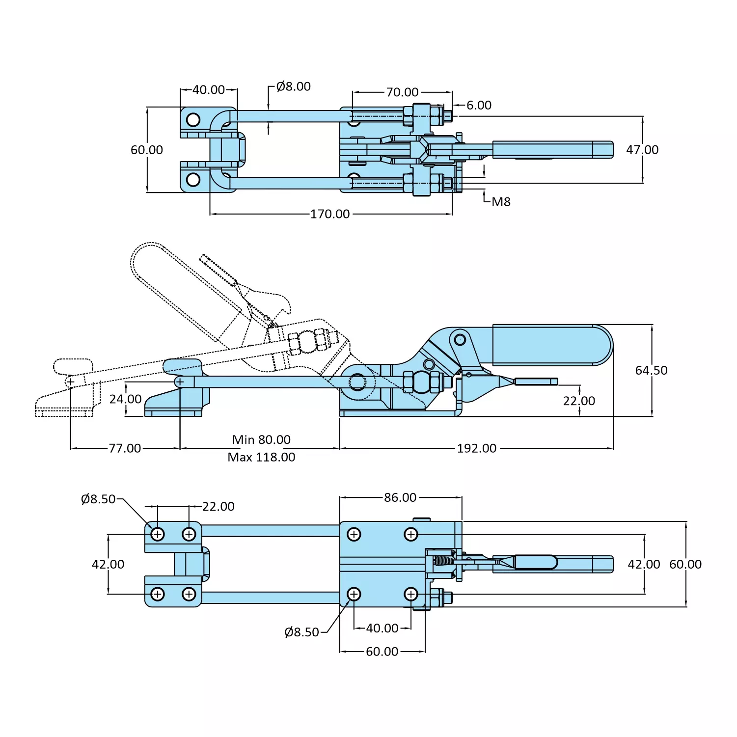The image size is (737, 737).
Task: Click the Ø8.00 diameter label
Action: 293,86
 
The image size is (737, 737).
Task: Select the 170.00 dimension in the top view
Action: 330,214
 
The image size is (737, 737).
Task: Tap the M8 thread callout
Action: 501,202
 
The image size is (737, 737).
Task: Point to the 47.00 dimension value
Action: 642,150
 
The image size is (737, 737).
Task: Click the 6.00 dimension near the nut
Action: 479,105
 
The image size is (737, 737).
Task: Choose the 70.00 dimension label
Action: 402,92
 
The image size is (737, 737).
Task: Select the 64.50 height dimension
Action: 651,370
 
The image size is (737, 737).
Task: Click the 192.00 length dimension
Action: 476,448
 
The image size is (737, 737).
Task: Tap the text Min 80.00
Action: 261,439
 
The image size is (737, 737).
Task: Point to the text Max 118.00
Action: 261,457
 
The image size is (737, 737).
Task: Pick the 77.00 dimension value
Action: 125,448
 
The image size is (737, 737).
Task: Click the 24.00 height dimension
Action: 125,399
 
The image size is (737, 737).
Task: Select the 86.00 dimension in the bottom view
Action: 400,497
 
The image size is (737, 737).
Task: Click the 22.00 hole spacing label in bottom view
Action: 218,506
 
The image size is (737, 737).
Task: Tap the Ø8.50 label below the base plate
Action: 301,632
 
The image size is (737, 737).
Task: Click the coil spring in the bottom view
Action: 444,561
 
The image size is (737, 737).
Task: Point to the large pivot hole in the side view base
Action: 357,382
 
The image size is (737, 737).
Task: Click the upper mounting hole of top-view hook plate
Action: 193,120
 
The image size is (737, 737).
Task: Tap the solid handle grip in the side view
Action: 550,345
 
